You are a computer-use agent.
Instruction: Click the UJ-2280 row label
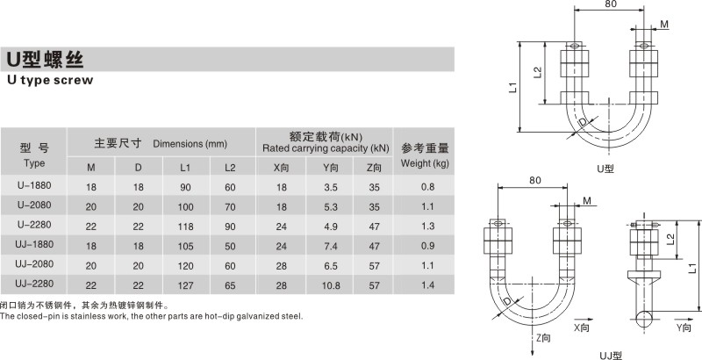[x=34, y=284]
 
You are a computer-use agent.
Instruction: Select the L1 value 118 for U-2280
[x=186, y=227]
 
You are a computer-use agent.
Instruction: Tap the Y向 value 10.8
[x=331, y=285]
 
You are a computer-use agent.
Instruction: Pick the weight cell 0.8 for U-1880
[x=427, y=187]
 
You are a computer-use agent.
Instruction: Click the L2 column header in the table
[x=230, y=168]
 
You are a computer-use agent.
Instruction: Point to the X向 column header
[x=281, y=168]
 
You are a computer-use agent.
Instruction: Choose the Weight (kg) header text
[x=425, y=163]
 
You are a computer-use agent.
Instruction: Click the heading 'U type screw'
[x=50, y=80]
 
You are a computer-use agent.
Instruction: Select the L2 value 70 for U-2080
[x=230, y=207]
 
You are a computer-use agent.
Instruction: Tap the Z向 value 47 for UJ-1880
[x=375, y=246]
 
